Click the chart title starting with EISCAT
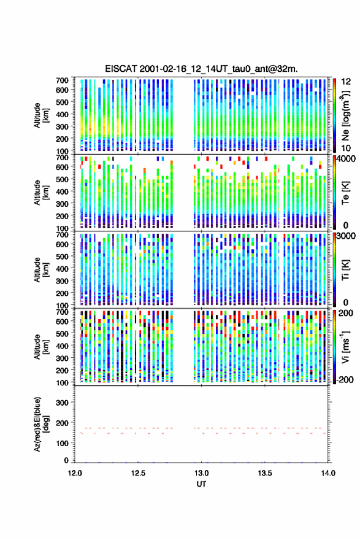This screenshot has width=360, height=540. point(201,69)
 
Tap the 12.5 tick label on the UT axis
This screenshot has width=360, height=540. point(138,473)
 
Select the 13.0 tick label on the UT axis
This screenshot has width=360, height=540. point(201,473)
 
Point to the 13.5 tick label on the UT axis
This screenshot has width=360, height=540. point(265,473)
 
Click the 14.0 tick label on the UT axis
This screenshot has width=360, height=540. point(328,473)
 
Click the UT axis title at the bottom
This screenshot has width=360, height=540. point(201,484)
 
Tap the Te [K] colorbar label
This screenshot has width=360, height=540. point(345,192)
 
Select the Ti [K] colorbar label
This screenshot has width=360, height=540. point(345,270)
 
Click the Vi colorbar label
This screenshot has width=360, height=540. point(345,347)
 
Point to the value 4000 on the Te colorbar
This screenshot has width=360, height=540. point(346,159)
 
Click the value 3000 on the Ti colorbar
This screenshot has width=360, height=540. point(346,236)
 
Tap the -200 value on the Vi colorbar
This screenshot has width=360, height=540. point(345,380)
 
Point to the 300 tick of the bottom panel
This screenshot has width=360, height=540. point(62,403)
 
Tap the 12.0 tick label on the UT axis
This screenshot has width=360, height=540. point(75,473)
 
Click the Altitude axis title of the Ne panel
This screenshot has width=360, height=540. point(42,115)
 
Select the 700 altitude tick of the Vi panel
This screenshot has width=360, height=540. point(62,312)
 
